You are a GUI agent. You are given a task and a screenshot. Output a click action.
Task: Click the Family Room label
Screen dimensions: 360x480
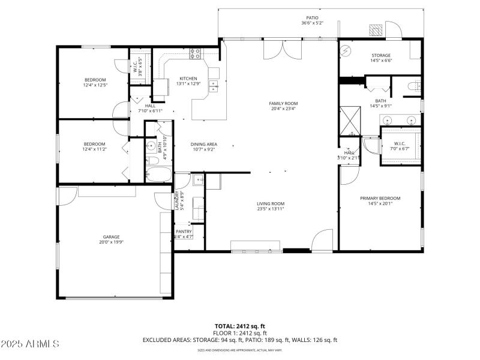tap(283, 103)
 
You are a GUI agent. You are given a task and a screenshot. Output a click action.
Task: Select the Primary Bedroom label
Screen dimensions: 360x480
tap(380, 198)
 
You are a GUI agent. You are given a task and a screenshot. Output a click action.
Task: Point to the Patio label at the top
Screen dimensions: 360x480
tap(312, 18)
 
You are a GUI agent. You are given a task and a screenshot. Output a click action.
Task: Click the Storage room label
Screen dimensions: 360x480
tap(380, 55)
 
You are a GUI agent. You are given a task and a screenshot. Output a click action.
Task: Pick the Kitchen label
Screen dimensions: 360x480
tap(188, 79)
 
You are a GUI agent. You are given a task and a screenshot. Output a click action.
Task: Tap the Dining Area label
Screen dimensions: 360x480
tap(203, 144)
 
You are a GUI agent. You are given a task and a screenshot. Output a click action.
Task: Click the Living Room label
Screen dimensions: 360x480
tap(271, 203)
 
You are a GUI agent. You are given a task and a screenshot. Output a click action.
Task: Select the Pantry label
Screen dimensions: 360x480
tap(184, 232)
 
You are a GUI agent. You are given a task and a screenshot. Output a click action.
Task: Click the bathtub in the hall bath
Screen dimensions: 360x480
tap(158, 175)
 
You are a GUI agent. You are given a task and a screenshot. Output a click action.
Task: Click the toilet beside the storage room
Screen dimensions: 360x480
tap(413, 88)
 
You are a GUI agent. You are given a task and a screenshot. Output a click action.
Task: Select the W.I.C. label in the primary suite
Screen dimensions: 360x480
tap(400, 143)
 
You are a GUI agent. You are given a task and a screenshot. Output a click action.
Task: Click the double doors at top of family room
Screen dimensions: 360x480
tap(280, 50)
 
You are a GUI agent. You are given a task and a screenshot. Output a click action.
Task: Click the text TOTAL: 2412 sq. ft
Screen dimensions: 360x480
tap(239, 326)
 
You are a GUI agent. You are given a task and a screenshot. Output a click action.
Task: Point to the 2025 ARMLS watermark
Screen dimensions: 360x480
tap(30, 344)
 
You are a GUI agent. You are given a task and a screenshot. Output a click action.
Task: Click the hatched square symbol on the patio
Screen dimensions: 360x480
tap(376, 29)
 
